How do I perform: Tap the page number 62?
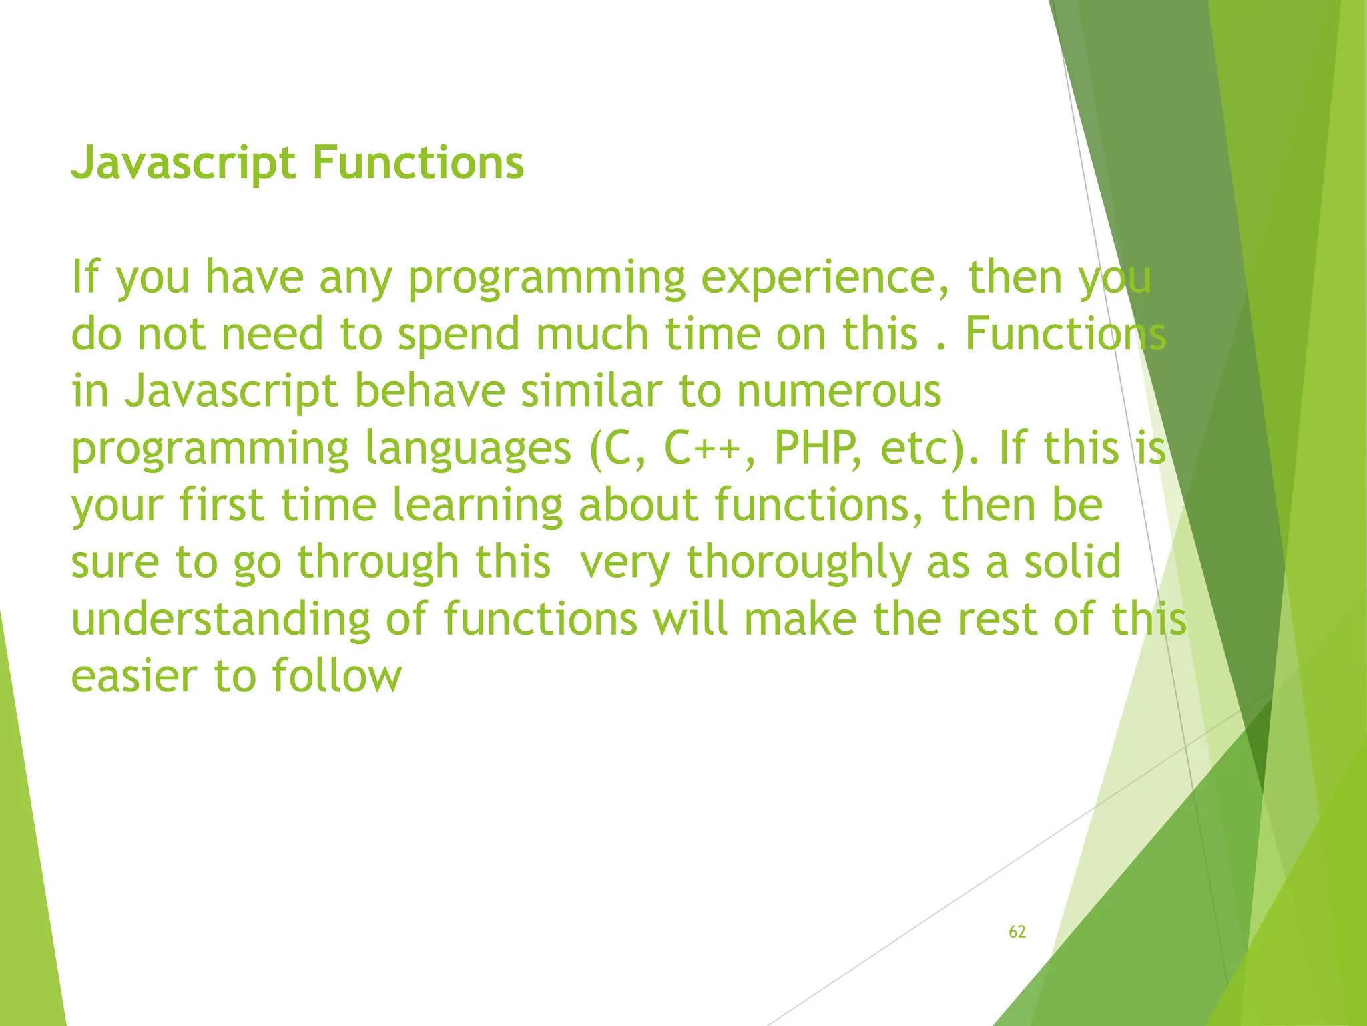(x=1017, y=932)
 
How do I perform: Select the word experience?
(x=826, y=277)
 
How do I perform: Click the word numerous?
(x=838, y=391)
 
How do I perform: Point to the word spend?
(x=459, y=335)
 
